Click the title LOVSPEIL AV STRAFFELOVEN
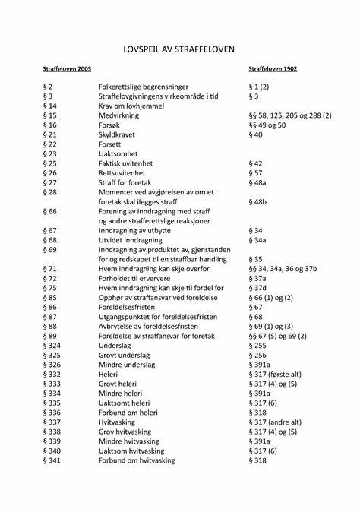179,49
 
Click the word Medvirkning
121,115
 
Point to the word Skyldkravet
120,134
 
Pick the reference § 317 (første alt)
279,374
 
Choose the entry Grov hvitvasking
131,431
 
